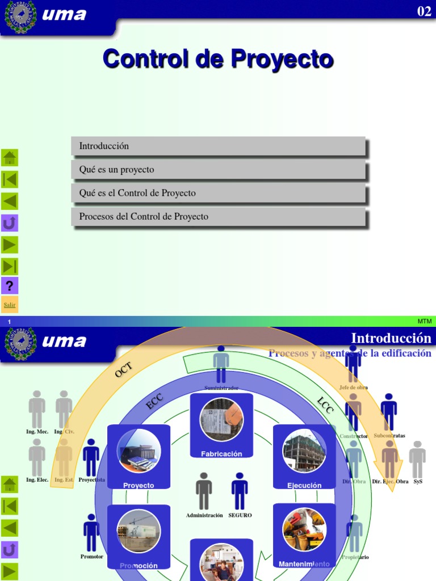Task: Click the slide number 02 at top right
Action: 424,11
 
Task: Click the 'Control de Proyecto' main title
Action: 218,59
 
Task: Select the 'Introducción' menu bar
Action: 218,146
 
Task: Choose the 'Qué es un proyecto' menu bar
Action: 218,170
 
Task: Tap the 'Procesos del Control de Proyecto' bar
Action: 218,217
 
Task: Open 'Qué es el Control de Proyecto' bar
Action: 218,193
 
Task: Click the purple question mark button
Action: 10,285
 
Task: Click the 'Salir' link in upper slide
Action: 10,305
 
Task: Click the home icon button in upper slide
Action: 10,157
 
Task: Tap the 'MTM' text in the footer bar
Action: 424,321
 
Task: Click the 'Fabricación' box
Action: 221,426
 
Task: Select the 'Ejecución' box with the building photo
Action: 304,457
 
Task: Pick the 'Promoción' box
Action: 139,537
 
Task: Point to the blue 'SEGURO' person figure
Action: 240,491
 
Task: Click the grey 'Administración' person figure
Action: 204,491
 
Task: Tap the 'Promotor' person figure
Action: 91,533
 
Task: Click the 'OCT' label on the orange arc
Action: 123,371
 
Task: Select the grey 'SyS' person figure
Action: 417,460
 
